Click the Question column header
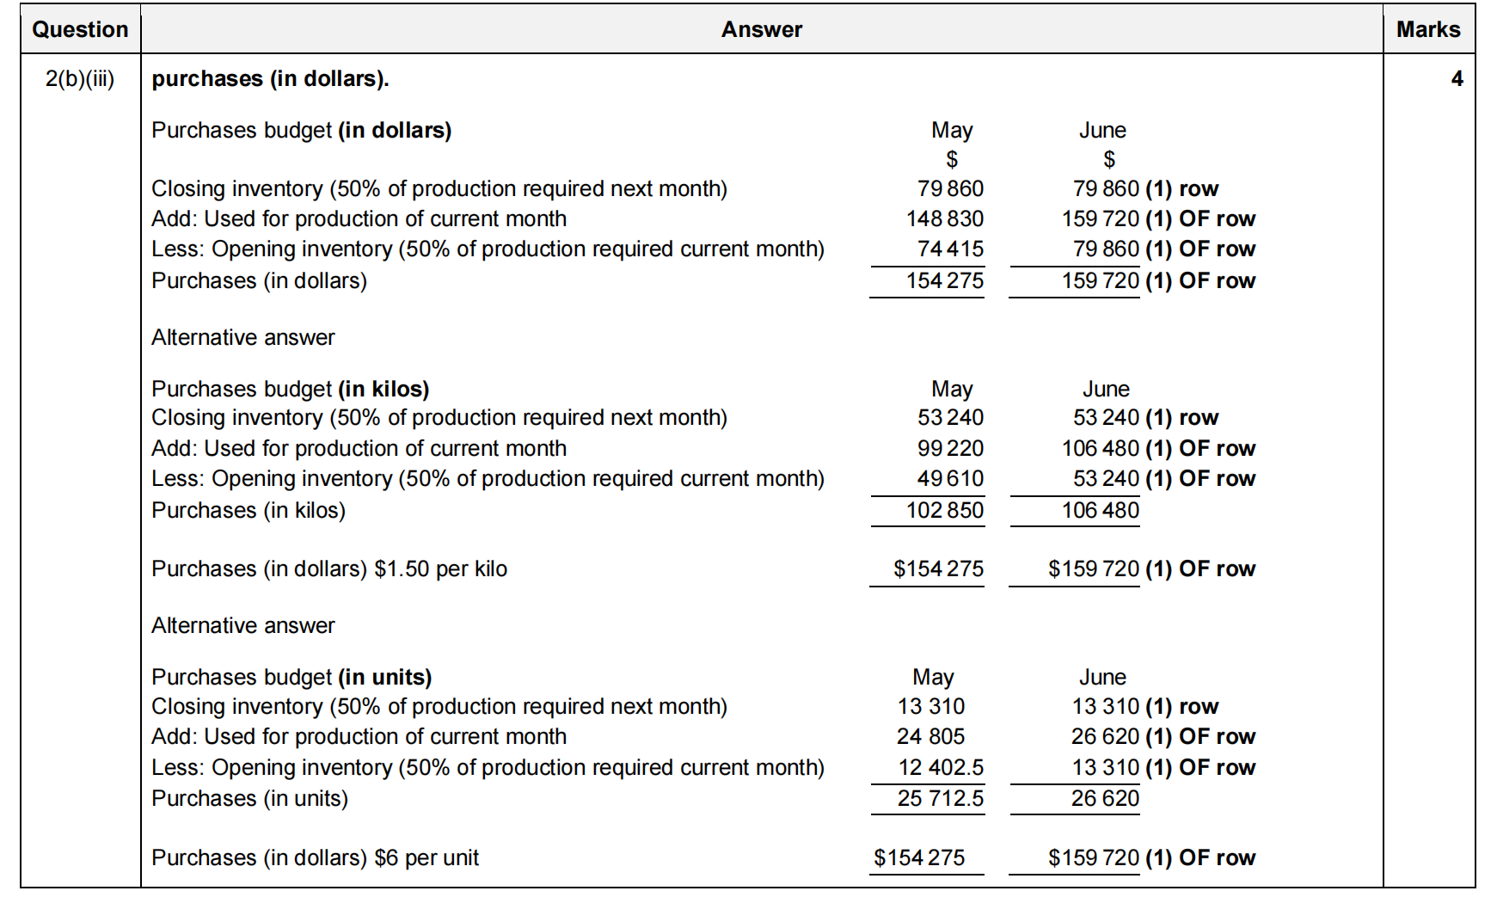(x=80, y=29)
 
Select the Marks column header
(x=1427, y=29)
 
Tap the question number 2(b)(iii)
(x=80, y=79)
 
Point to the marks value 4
(x=1457, y=79)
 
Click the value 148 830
(x=944, y=219)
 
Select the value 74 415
(x=950, y=249)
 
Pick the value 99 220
(x=950, y=449)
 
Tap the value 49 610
(x=950, y=479)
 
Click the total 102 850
(x=944, y=511)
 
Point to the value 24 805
(x=930, y=737)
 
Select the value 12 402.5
(x=941, y=768)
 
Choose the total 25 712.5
(x=940, y=799)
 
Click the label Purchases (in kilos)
(x=248, y=511)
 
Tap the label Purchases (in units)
(x=249, y=799)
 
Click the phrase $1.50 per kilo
(x=441, y=569)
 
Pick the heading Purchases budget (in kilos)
(x=290, y=390)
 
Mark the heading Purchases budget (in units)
(x=291, y=678)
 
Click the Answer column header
(x=761, y=29)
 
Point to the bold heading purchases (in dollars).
(x=270, y=79)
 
